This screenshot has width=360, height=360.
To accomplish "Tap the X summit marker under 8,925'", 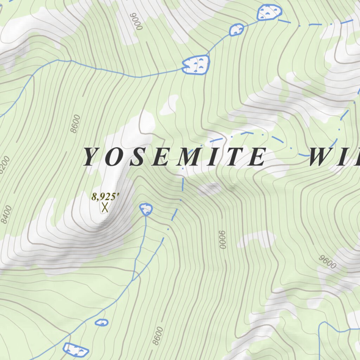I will pos(104,207).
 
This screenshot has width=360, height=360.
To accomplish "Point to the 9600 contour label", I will pos(328,262).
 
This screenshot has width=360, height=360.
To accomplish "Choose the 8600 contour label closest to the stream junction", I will pos(158,336).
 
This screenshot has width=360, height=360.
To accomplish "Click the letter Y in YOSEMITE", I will pos(90,157).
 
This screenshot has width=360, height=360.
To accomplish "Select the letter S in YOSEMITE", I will pos(138,157).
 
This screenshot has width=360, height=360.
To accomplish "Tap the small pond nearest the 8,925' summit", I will pos(146,210).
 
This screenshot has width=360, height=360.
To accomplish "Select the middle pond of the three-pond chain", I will pos(237,30).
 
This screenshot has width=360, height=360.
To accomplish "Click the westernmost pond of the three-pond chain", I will pos(196,65).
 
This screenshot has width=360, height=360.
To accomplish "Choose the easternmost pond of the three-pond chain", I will pos(270,13).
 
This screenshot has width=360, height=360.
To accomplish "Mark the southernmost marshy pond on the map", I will pos(76,349).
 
